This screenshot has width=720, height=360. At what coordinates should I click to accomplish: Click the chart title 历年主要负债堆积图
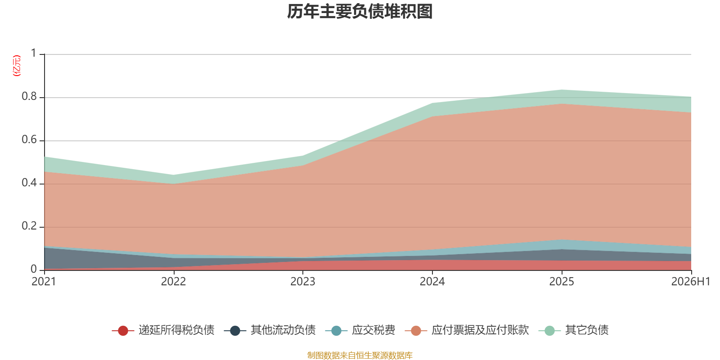point(360,12)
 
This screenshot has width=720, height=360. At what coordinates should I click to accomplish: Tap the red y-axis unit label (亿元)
point(16,66)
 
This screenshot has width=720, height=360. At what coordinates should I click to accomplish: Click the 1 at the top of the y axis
point(34,53)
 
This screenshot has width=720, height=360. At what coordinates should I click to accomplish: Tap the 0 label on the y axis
point(34,269)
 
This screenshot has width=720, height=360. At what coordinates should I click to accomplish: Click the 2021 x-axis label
point(44,282)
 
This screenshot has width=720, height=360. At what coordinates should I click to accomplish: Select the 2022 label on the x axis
point(174,282)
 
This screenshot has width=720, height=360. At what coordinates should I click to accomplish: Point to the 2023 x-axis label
point(303,282)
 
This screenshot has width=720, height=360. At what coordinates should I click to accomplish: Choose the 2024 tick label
point(432,282)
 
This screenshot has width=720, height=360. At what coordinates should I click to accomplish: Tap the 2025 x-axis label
point(562,282)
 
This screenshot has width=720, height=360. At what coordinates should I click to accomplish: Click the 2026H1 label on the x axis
point(691,282)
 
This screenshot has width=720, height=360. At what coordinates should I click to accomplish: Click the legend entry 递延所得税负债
point(163,330)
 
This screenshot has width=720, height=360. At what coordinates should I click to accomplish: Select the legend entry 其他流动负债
point(270,330)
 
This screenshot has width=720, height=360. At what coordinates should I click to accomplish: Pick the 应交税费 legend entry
point(360,330)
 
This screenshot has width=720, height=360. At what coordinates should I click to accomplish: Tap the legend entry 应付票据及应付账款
point(467,330)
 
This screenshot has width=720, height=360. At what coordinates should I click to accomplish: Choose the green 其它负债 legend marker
point(549,330)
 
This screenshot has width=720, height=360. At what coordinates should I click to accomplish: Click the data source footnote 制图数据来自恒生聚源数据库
point(360,355)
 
